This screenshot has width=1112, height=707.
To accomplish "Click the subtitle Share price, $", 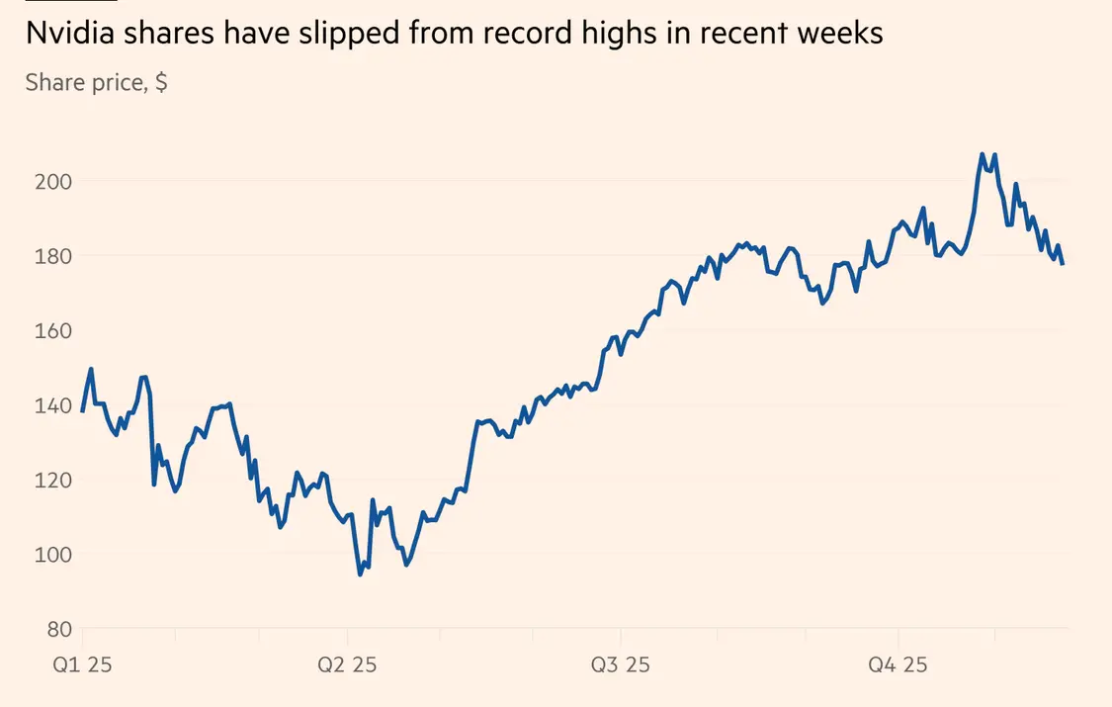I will [x=96, y=82].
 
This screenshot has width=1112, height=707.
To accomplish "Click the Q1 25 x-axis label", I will [x=82, y=664].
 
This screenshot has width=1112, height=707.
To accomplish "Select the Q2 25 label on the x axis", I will [x=347, y=664].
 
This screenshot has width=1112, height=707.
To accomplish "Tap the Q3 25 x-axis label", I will [x=621, y=664].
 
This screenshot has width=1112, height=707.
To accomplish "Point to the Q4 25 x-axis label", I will [x=898, y=664].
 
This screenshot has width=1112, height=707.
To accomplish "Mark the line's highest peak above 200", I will [x=982, y=154].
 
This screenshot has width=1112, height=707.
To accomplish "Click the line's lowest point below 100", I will [x=360, y=574].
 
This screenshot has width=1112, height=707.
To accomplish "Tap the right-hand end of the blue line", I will [x=1063, y=263].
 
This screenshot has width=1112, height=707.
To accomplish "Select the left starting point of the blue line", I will [x=82, y=410].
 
